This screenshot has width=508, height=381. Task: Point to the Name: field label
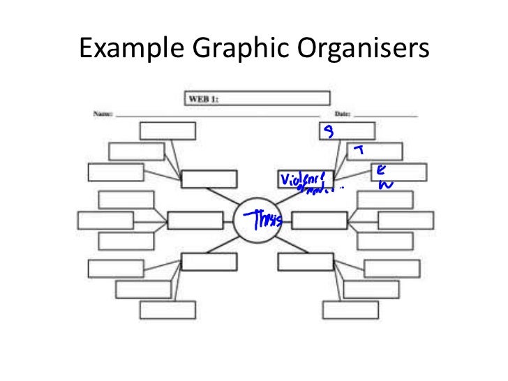pyautogui.click(x=103, y=113)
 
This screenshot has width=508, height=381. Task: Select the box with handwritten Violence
pyautogui.click(x=305, y=180)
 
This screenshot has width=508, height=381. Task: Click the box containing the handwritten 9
pyautogui.click(x=347, y=131)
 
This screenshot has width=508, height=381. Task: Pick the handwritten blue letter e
pyautogui.click(x=379, y=170)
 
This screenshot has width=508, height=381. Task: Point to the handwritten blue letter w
pyautogui.click(x=382, y=185)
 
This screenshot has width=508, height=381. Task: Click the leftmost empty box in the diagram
pyautogui.click(x=105, y=221)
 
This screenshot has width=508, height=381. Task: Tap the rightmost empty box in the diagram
pyautogui.click(x=406, y=221)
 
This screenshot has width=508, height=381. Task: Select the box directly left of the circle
pyautogui.click(x=195, y=221)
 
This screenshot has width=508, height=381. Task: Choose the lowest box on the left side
pyautogui.click(x=167, y=309)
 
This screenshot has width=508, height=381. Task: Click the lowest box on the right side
pyautogui.click(x=350, y=309)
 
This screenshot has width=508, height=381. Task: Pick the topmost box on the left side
pyautogui.click(x=167, y=131)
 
